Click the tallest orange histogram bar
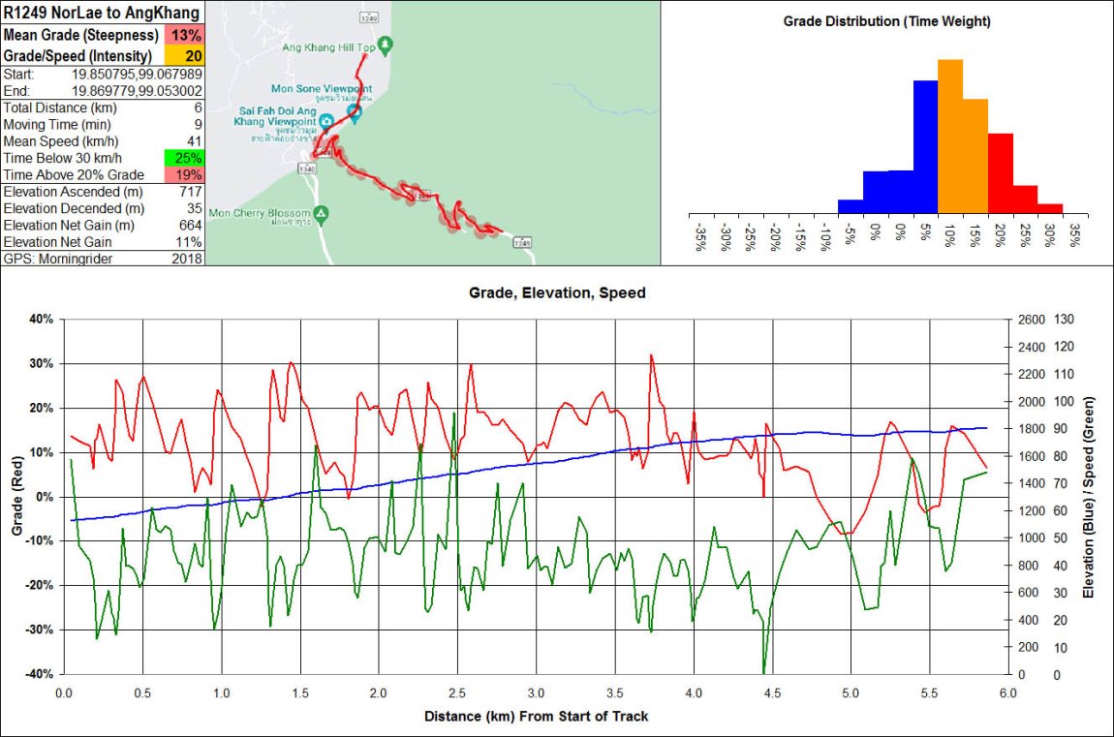click(950, 136)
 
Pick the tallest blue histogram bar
click(925, 145)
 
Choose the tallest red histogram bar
click(1000, 172)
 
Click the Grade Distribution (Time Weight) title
click(886, 20)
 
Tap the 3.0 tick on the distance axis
click(536, 693)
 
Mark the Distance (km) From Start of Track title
click(536, 717)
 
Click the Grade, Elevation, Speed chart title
click(557, 292)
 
